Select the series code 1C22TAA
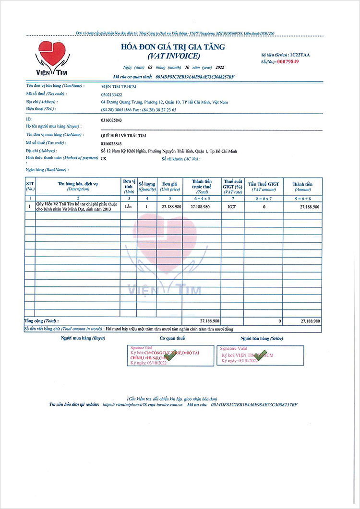click(x=299, y=55)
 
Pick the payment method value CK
click(x=104, y=159)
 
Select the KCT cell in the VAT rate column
click(x=232, y=206)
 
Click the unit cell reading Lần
click(x=128, y=206)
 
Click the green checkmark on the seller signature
click(x=260, y=355)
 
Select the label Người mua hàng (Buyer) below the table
click(x=83, y=338)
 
